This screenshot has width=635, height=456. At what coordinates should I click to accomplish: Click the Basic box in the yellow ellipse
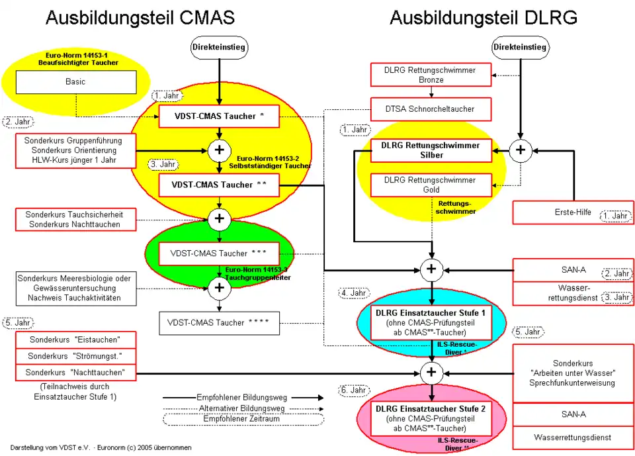[x=75, y=82]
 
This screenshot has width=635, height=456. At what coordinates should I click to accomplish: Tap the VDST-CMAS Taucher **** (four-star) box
[x=219, y=323]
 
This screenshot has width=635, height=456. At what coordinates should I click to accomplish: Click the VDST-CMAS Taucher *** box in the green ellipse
[x=218, y=253]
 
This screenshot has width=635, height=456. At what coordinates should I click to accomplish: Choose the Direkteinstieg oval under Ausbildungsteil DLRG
[x=520, y=47]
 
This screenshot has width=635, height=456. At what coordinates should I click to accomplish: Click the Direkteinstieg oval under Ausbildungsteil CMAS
[x=218, y=47]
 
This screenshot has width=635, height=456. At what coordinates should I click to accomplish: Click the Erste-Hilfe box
[x=572, y=212]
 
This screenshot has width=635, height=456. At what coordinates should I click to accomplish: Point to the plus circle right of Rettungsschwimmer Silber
[x=521, y=151]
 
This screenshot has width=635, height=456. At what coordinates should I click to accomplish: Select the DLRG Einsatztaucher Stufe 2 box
[x=431, y=419]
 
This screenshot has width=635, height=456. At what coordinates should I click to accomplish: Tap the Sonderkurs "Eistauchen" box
[x=75, y=340]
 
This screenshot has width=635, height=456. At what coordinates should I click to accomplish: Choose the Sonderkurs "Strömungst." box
[x=75, y=356]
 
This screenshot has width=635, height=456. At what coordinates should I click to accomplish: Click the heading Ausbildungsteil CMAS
[x=140, y=18]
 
